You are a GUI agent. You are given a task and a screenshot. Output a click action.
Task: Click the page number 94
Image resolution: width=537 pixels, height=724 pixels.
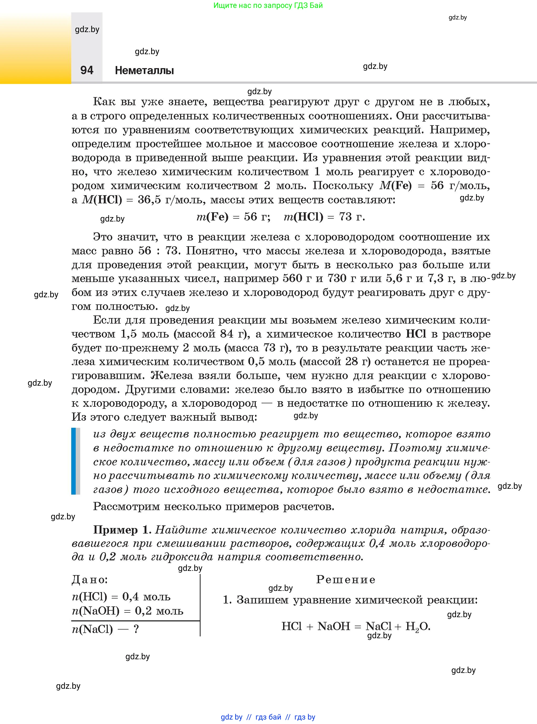[x=86, y=70]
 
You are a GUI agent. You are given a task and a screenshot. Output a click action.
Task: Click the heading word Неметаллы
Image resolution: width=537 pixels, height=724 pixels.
[x=144, y=70]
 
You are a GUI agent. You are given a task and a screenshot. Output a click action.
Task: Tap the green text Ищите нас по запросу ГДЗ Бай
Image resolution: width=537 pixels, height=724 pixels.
[x=268, y=5]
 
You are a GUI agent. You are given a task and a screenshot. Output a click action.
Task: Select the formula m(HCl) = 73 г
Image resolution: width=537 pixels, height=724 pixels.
[x=324, y=217]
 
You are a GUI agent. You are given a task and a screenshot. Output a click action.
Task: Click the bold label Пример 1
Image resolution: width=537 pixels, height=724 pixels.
[x=122, y=530]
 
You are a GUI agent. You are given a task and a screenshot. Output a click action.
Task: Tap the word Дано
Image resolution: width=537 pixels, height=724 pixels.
[x=90, y=580]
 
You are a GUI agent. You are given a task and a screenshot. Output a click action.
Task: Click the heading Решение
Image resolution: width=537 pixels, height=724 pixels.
[x=346, y=580]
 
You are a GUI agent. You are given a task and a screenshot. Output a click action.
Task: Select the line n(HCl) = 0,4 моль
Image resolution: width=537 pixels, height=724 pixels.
[x=121, y=596]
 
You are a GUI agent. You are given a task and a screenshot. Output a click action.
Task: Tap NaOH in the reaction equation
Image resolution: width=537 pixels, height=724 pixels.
[x=334, y=626]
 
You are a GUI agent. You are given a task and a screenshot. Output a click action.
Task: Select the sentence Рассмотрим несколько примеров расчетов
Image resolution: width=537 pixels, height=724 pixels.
[x=214, y=506]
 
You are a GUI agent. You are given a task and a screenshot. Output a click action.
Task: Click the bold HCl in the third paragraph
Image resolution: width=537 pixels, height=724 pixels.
[x=416, y=334]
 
